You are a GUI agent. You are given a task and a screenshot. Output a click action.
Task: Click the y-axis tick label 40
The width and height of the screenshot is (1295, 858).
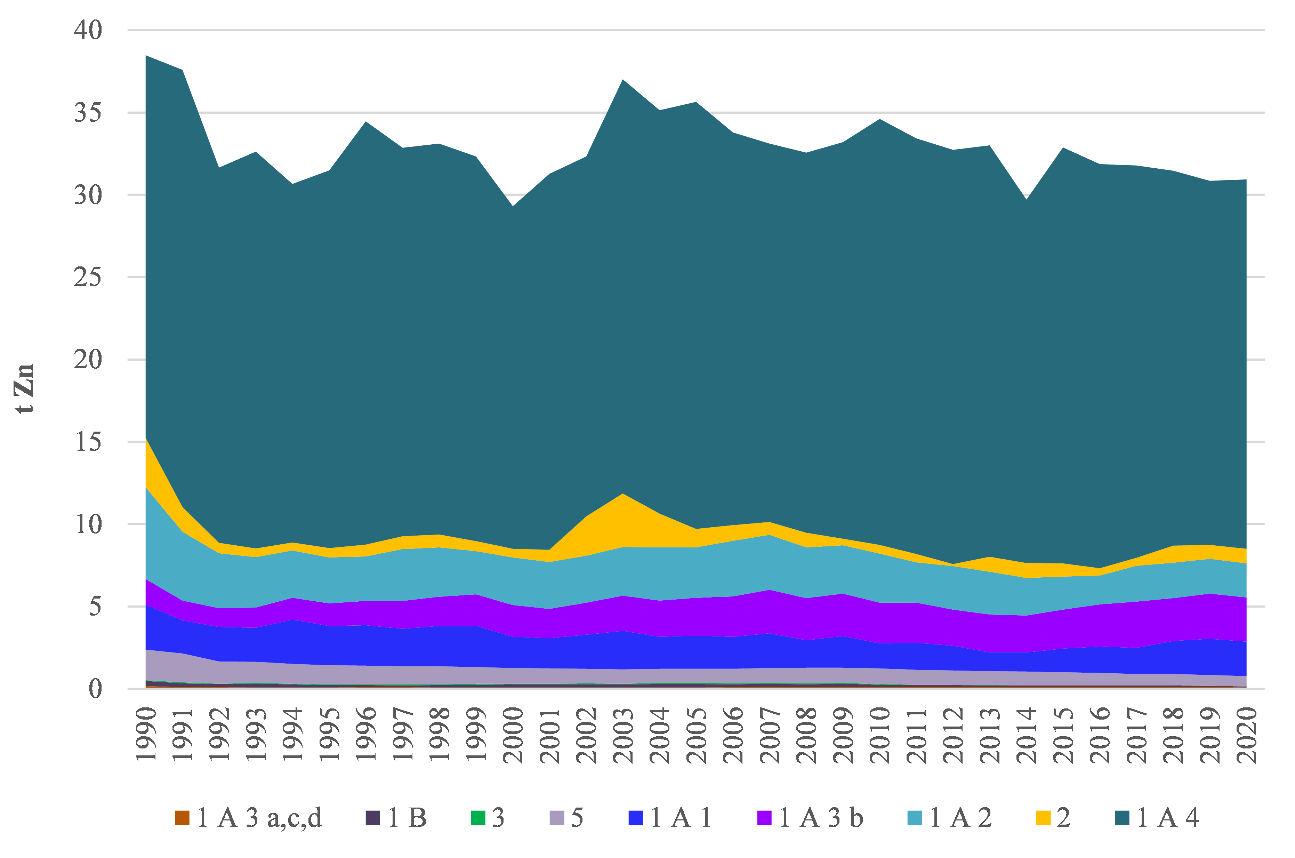click(x=88, y=30)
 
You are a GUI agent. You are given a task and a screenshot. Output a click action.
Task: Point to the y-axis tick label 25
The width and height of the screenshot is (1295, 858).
click(x=88, y=278)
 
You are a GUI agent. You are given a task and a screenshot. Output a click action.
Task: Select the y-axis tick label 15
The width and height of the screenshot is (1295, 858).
click(x=88, y=442)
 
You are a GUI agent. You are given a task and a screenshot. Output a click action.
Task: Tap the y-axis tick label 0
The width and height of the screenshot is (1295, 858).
click(x=95, y=689)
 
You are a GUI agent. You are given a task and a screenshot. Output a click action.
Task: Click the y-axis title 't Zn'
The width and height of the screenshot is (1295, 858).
click(x=25, y=388)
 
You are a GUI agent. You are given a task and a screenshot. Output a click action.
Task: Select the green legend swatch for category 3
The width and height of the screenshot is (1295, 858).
click(x=477, y=818)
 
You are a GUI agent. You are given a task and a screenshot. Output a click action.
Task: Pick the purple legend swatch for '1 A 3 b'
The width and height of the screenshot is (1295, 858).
click(x=764, y=818)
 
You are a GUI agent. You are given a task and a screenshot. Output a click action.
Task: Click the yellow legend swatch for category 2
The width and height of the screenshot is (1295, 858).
click(x=1043, y=818)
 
